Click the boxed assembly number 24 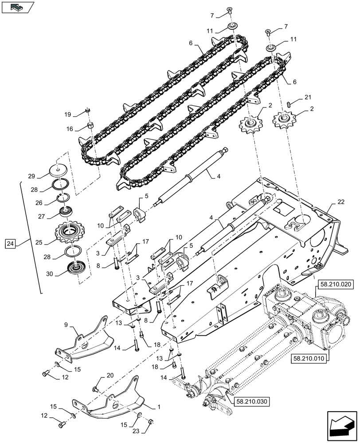pyautogui.click(x=11, y=243)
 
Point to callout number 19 pyautogui.click(x=67, y=114)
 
